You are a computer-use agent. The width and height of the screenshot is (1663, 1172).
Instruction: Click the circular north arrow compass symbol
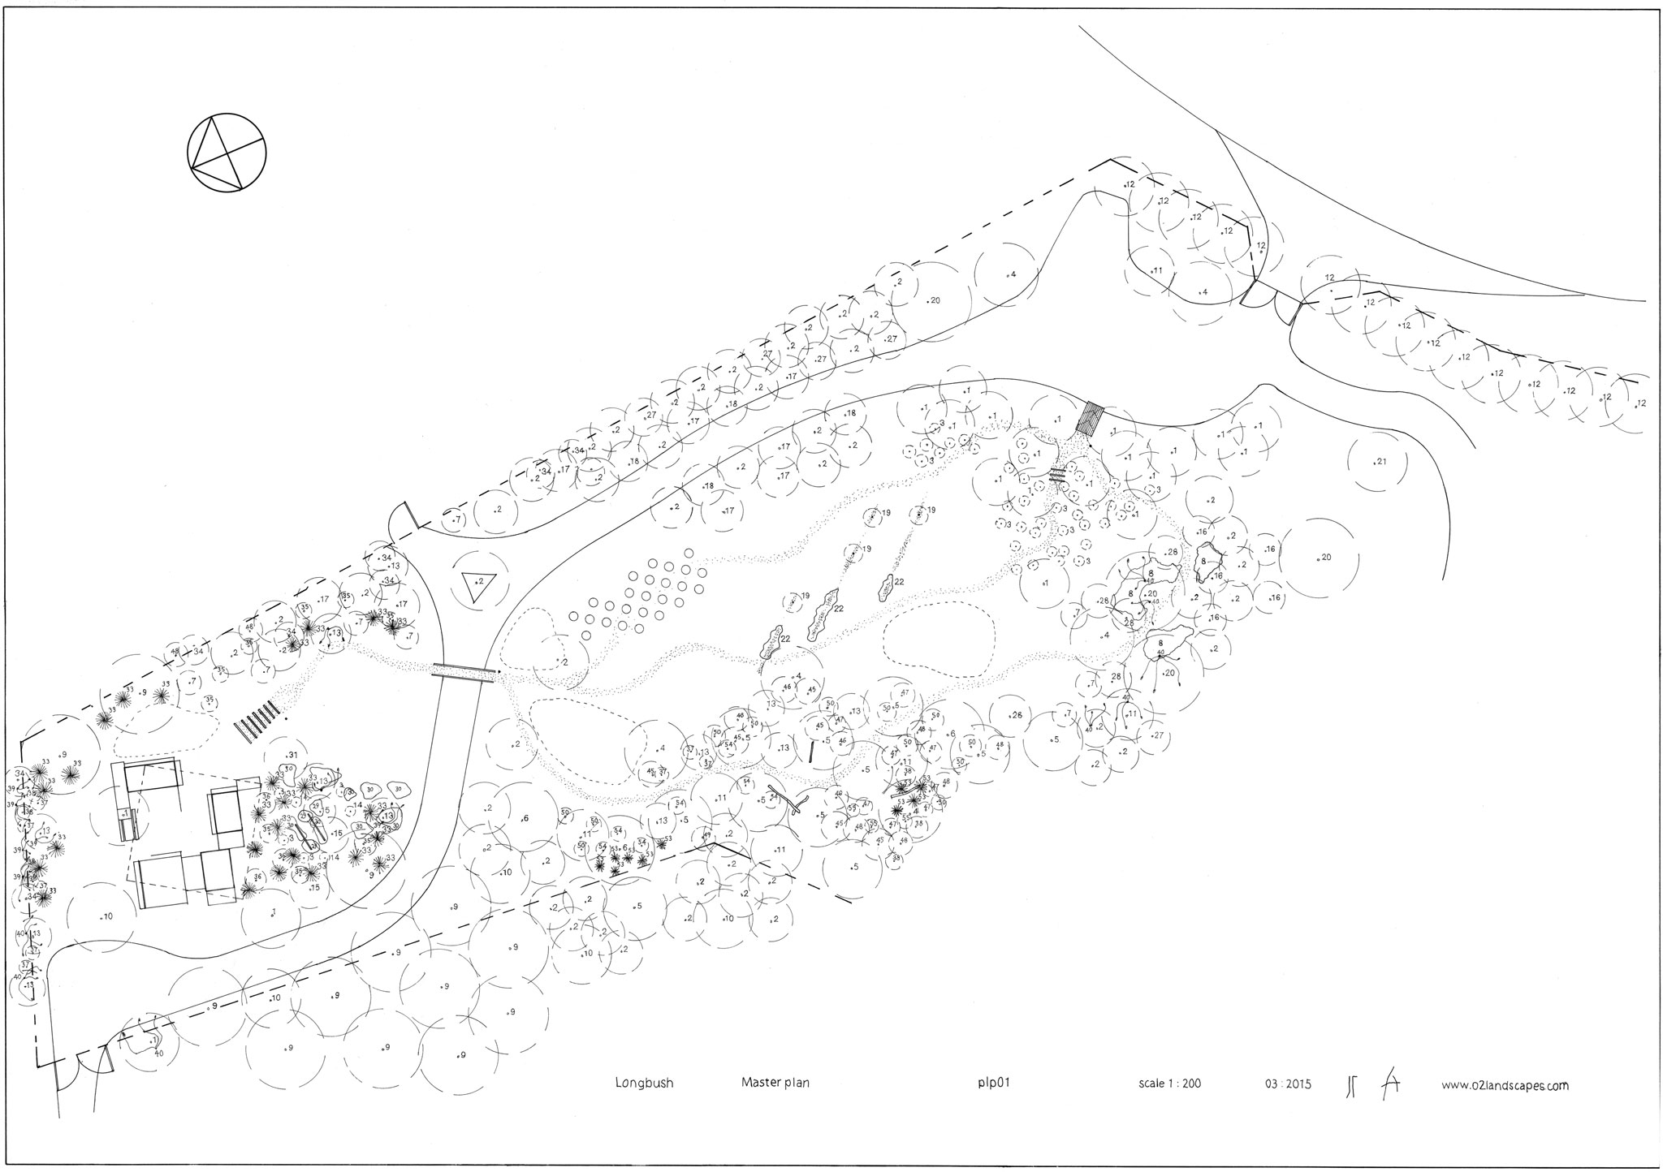[227, 153]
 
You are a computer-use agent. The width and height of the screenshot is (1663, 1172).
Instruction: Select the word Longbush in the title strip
[644, 1084]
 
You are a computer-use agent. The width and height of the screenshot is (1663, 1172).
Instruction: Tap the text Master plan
[775, 1084]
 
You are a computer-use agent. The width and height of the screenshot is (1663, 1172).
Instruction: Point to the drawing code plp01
[993, 1084]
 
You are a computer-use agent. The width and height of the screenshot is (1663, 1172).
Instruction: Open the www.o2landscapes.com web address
[1505, 1085]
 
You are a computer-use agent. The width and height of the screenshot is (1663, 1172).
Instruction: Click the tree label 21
[1381, 462]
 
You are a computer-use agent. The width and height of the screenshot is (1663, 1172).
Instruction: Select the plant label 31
[293, 755]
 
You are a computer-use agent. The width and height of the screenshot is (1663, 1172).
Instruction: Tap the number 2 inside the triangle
[481, 581]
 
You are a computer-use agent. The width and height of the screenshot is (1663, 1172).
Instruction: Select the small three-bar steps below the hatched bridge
[1056, 475]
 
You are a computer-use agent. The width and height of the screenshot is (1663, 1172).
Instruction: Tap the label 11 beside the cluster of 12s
[1157, 270]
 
